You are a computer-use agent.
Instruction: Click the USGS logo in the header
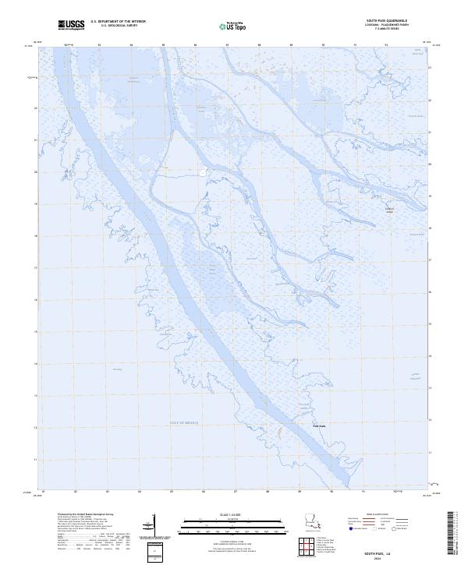click(x=72, y=25)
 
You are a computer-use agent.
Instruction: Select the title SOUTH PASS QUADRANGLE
click(x=396, y=21)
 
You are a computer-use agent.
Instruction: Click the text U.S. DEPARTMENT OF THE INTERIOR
click(x=118, y=22)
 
